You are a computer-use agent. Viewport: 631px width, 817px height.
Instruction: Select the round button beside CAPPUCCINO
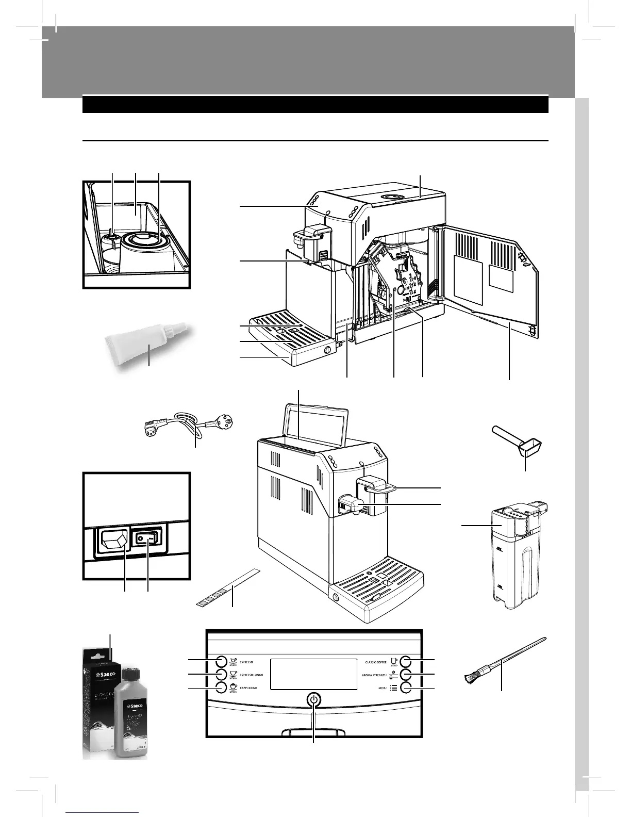point(221,688)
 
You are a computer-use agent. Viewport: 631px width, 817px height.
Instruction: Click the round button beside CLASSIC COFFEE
point(406,661)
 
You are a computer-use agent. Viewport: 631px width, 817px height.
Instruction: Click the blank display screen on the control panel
point(313,674)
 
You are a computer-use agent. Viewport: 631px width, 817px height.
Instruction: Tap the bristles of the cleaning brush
point(473,677)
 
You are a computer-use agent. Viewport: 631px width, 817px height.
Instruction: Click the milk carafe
point(510,557)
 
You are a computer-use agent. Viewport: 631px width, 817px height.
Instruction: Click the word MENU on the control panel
point(383,688)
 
